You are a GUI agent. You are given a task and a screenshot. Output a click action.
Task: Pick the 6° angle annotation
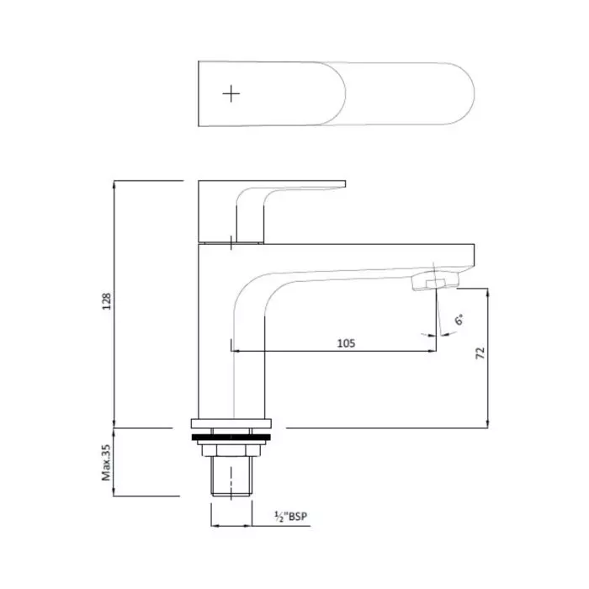coord(459,321)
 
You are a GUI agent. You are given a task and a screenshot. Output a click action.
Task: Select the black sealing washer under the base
coord(231,438)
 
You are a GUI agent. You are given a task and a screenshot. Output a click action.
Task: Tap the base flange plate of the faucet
coord(231,425)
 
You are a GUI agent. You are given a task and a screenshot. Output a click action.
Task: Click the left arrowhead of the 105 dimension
coord(234,350)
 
